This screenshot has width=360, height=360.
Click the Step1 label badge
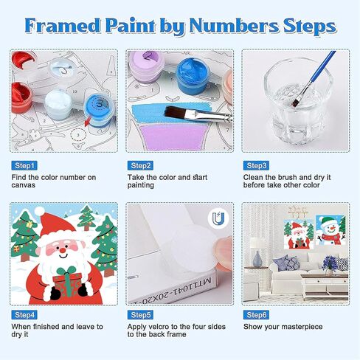24,165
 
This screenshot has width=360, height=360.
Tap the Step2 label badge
140,165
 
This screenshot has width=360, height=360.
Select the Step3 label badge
256,165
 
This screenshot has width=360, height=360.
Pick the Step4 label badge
24,315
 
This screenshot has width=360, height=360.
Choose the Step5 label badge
140,315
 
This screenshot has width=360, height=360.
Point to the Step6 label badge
256,315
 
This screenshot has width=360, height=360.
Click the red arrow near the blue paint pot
87,121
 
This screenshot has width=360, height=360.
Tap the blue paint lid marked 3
100,103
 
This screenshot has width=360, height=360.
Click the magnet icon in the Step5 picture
218,218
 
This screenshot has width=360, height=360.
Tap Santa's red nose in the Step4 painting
63,250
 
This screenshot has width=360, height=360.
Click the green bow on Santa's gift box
66,271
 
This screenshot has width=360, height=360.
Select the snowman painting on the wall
330,229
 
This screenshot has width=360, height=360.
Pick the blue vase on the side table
257,259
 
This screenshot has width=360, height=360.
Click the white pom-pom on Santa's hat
39,211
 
